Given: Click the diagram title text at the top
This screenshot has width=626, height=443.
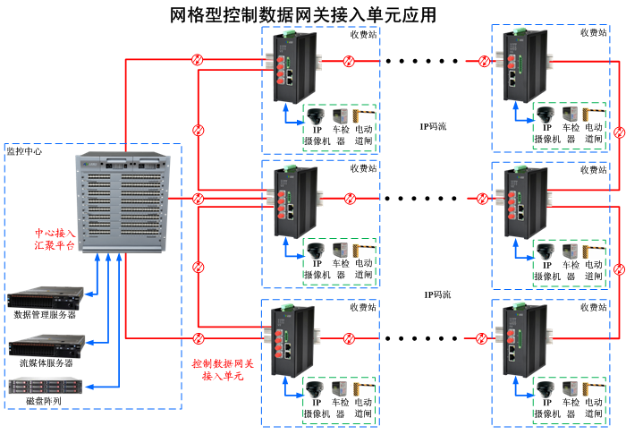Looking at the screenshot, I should click(x=304, y=14).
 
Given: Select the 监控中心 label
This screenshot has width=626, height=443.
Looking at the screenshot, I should click(x=24, y=152).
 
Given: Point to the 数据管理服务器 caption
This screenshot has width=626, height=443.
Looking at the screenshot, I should click(x=45, y=315).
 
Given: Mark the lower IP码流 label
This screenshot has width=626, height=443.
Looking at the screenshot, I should click(x=437, y=294).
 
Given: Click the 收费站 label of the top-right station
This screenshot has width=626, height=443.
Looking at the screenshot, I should click(x=594, y=32).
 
